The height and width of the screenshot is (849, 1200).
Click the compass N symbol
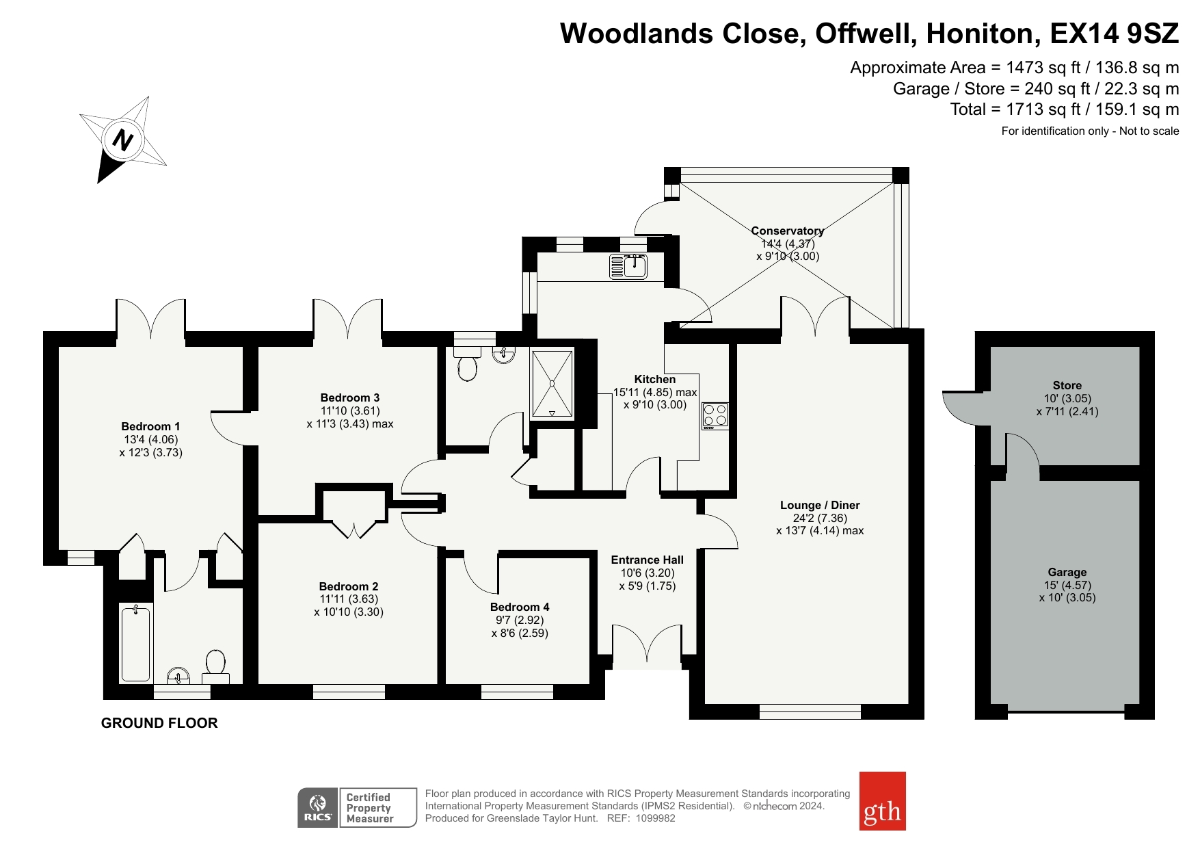click(123, 140)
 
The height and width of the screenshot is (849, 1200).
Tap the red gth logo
click(882, 801)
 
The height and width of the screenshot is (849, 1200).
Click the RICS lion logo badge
click(318, 808)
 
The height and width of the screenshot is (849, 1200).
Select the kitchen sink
click(628, 266)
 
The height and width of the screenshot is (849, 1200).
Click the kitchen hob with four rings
click(715, 416)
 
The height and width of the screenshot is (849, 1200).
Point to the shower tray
click(552, 383)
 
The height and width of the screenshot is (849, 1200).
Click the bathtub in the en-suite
click(135, 643)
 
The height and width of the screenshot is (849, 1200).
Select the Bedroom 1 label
click(151, 426)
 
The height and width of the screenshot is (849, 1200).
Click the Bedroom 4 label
click(520, 607)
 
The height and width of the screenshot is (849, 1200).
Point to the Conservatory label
click(788, 231)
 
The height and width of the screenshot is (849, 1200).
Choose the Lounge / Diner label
click(820, 505)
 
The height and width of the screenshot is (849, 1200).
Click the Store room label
click(1067, 385)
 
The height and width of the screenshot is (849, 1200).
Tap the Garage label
click(1067, 572)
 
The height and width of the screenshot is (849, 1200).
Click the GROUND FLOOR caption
click(159, 723)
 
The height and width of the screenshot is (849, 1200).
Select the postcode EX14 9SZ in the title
click(1115, 34)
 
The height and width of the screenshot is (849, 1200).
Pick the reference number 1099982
click(656, 818)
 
